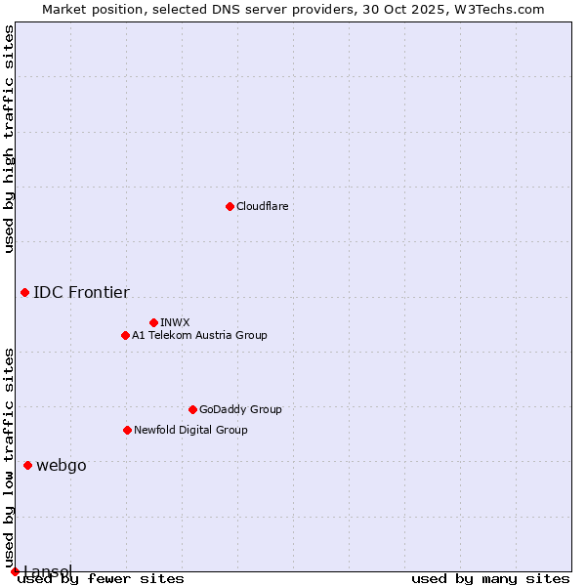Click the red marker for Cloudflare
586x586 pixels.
230,206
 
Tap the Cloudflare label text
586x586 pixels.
262,206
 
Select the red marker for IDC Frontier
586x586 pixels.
24,292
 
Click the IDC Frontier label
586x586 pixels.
81,292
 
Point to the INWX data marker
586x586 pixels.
153,322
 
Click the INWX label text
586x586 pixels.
175,322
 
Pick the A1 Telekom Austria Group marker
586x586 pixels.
125,335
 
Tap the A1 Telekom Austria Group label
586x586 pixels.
199,335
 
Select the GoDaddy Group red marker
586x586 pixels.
192,409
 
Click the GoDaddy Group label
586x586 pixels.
239,409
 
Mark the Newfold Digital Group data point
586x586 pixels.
127,430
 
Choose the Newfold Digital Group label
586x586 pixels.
190,430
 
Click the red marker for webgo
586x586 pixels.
27,465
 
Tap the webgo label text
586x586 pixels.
61,465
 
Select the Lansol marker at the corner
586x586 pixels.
15,571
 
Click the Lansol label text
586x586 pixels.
47,570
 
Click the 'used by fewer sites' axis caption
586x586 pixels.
101,578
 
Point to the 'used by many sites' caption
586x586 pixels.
490,578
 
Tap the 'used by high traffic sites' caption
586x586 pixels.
9,139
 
